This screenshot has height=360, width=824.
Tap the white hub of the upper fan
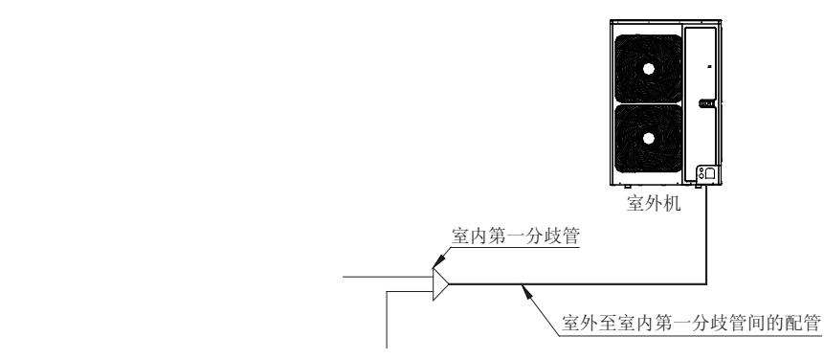[x=649, y=69]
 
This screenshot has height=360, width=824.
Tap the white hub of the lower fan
[x=649, y=138]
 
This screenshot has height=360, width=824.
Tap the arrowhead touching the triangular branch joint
[x=438, y=259]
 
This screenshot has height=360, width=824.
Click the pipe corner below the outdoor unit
[x=706, y=282]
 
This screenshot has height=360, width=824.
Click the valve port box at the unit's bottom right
[x=705, y=172]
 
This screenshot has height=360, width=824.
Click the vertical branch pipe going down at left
[x=387, y=316]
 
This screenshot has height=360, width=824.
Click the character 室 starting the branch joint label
[x=458, y=235]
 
